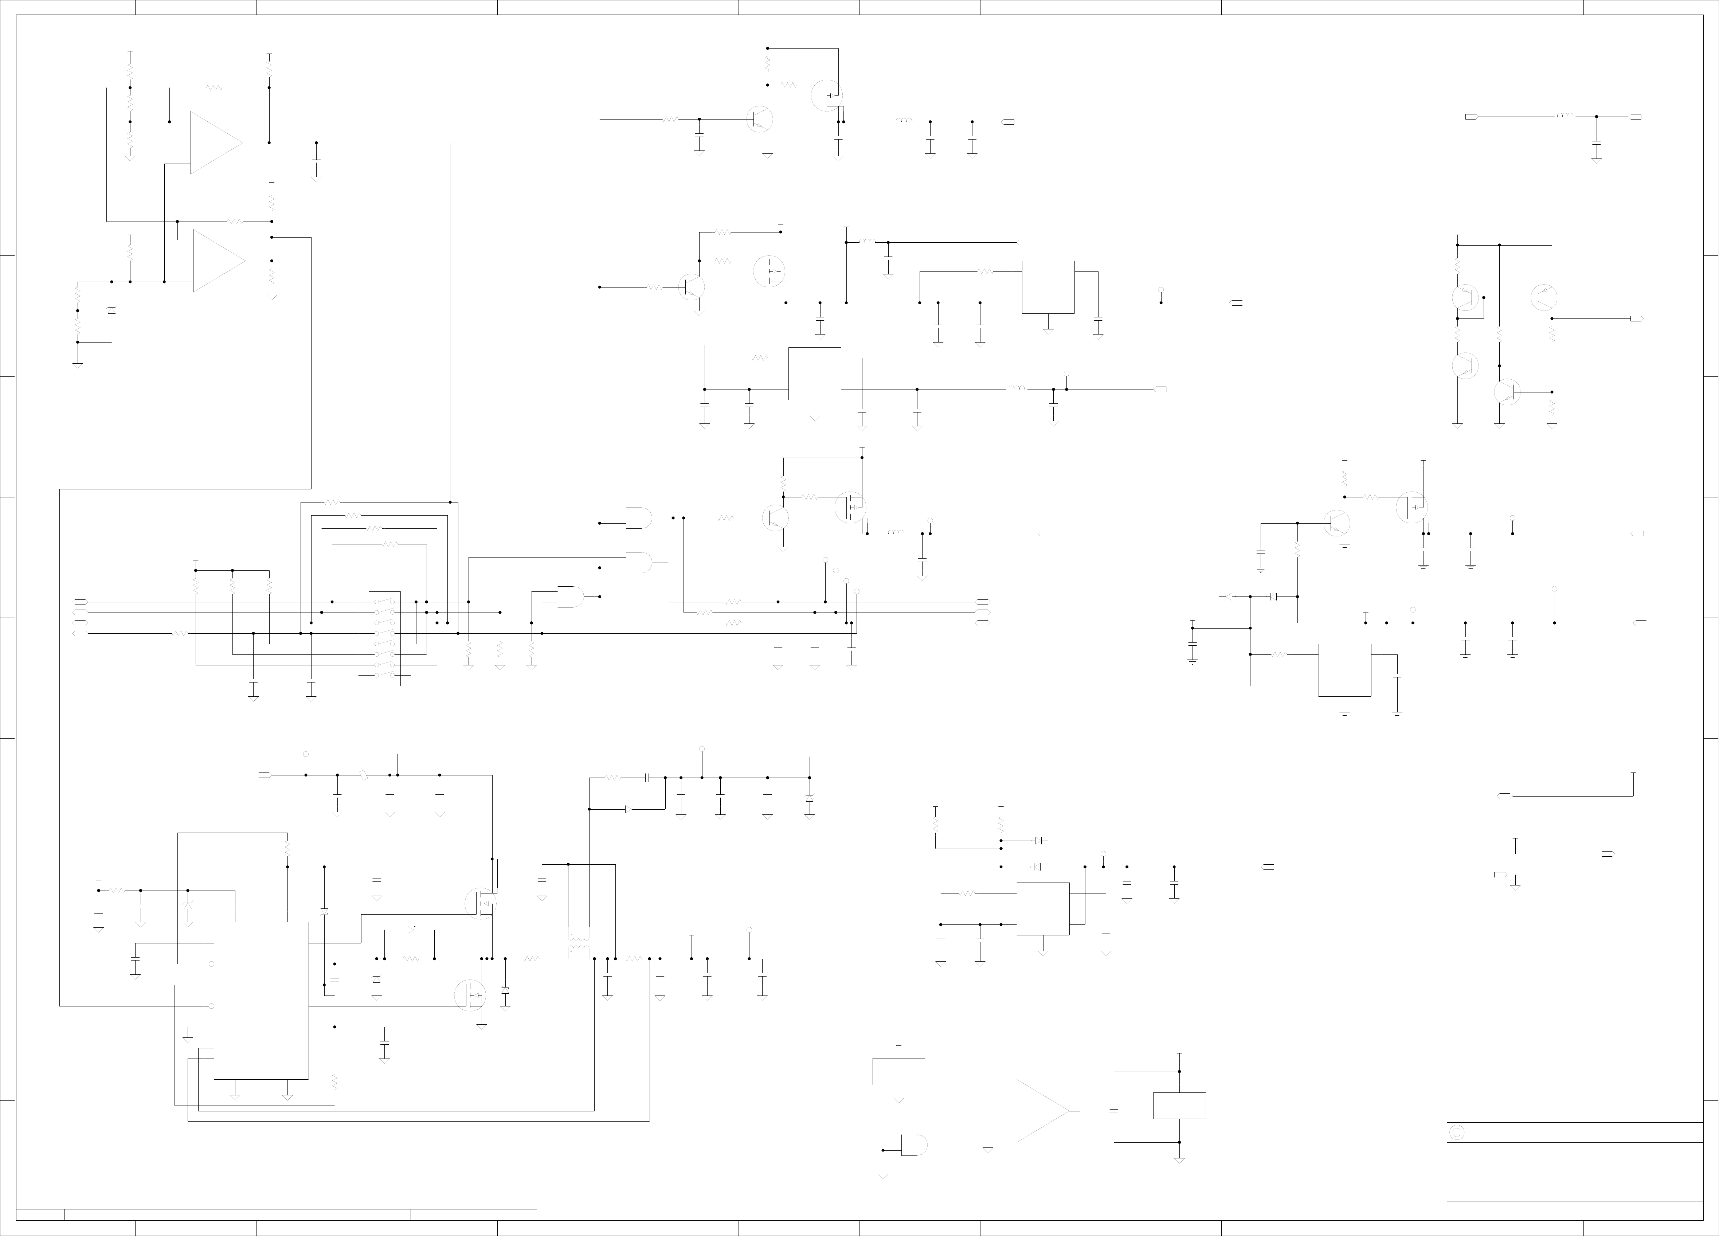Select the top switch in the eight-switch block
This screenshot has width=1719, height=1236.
pyautogui.click(x=384, y=602)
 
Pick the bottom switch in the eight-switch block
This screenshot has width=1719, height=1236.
pyautogui.click(x=384, y=674)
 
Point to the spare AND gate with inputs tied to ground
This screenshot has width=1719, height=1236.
pyautogui.click(x=913, y=1145)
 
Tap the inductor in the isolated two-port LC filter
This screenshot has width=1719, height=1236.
pyautogui.click(x=1565, y=116)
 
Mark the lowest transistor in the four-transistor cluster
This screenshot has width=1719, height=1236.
pyautogui.click(x=1507, y=392)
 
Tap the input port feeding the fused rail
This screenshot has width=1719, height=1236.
pyautogui.click(x=265, y=774)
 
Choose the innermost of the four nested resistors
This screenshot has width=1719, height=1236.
pyautogui.click(x=389, y=544)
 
